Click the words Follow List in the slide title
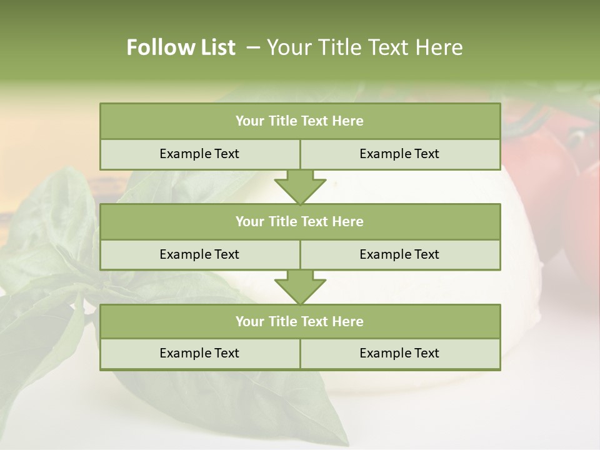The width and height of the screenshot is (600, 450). (x=181, y=47)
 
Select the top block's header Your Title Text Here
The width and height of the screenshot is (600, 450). (x=299, y=121)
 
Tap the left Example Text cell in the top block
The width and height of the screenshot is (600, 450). (x=199, y=154)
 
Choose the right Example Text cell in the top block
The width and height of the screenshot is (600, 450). (x=399, y=154)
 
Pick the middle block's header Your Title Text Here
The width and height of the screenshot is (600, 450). (x=299, y=221)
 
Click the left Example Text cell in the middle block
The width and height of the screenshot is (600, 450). (x=199, y=254)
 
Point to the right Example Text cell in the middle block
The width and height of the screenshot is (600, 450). (x=399, y=254)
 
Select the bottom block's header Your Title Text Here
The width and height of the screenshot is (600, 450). (x=299, y=321)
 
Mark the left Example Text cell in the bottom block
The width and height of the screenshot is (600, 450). (x=199, y=353)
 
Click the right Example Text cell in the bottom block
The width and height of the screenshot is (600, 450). (x=399, y=353)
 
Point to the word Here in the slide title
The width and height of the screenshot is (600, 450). (x=441, y=47)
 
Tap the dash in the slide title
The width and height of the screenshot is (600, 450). (x=252, y=47)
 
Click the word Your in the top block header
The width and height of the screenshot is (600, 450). (x=250, y=121)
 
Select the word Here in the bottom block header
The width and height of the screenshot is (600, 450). (x=348, y=321)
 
